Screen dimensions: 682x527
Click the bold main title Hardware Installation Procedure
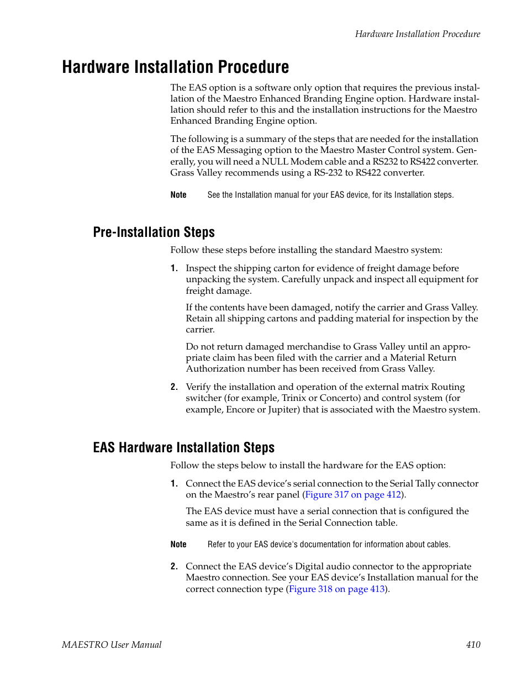click(175, 67)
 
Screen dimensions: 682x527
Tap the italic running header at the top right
click(417, 34)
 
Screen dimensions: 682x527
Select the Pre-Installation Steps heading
click(154, 232)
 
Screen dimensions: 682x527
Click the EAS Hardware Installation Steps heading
click(183, 447)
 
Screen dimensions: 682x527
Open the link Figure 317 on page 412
click(353, 495)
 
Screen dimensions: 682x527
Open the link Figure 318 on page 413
click(336, 589)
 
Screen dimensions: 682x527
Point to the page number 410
click(473, 644)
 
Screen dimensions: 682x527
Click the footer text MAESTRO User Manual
click(112, 644)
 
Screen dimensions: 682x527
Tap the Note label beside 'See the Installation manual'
click(178, 195)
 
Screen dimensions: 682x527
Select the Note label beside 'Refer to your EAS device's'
click(178, 544)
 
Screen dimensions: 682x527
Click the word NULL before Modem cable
click(275, 162)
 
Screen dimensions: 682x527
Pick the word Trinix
click(294, 398)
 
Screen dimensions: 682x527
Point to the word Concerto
click(340, 398)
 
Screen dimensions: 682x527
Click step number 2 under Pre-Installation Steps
click(174, 387)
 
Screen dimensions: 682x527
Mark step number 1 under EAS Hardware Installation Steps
click(174, 484)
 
